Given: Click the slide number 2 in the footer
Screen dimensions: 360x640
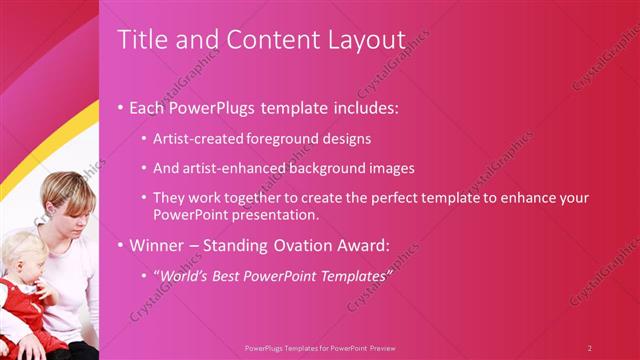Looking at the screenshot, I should (x=589, y=348).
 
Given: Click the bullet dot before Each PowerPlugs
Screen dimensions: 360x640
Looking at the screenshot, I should (x=121, y=107).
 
